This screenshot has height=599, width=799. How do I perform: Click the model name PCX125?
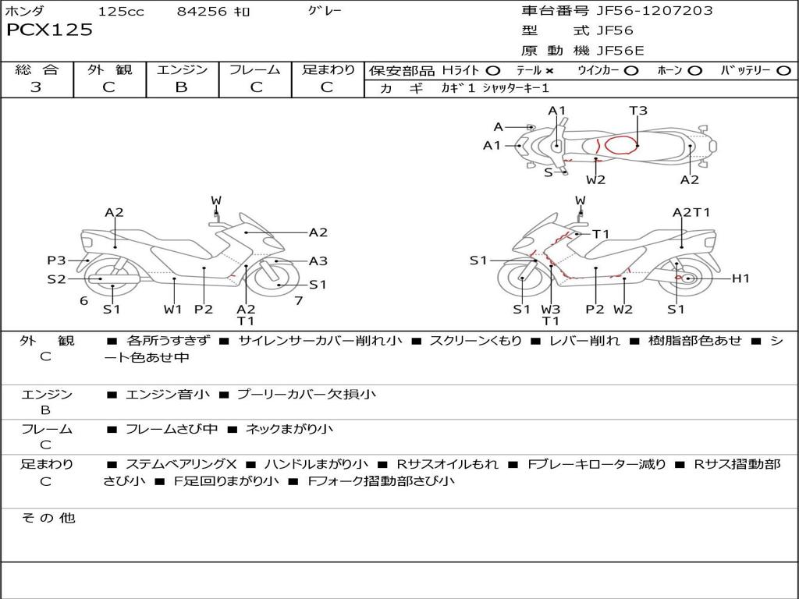tap(49, 30)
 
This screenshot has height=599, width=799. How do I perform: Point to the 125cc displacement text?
tap(121, 12)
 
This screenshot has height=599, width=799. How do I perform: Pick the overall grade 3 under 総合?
tap(36, 87)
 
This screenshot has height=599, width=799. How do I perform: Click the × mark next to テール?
tap(549, 70)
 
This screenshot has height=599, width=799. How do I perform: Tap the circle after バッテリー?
tap(783, 70)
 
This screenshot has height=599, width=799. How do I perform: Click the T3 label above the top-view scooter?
tap(638, 111)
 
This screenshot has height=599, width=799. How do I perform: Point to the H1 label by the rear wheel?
tap(740, 278)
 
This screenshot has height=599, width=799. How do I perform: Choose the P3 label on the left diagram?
tap(56, 261)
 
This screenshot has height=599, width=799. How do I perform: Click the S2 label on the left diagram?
tap(56, 278)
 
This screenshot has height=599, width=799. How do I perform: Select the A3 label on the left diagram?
tap(318, 261)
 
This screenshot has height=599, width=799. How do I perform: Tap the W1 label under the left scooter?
tap(172, 309)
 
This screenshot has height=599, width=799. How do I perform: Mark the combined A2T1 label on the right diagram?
tap(691, 212)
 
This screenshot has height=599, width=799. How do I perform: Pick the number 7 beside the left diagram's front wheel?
tap(298, 300)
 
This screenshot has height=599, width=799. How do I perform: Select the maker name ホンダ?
tap(25, 12)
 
